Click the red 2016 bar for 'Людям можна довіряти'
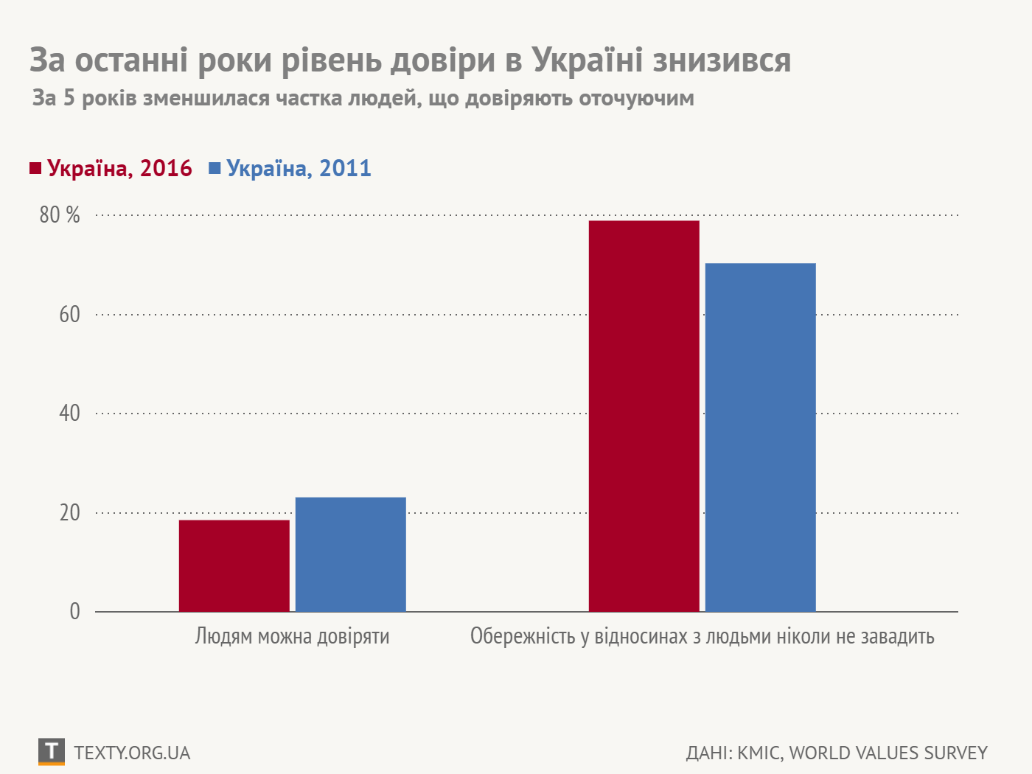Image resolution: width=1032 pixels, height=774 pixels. pos(234,565)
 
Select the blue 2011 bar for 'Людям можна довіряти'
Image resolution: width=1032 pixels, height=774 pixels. pos(350,554)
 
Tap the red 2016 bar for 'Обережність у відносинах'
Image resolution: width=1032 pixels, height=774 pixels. pos(644,416)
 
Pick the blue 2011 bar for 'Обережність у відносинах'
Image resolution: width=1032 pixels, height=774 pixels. pos(760,437)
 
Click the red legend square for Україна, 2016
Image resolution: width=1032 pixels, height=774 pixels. pos(35,169)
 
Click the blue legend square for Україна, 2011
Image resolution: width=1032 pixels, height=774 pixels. pos(215,169)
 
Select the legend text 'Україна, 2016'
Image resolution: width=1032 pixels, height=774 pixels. pos(119,169)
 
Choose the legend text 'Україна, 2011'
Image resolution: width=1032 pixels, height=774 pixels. pos(299,169)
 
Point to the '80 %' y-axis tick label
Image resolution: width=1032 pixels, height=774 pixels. pos(60,215)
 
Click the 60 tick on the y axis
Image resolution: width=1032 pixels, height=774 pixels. pos(69,315)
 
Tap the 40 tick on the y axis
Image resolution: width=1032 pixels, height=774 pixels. pos(69,414)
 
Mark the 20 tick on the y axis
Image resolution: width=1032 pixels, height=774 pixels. pos(69,513)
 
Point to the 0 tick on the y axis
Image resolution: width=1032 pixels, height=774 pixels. pos(74,612)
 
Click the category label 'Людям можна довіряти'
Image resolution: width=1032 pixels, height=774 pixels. pos(292,636)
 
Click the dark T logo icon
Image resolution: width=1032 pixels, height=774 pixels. pos(51,752)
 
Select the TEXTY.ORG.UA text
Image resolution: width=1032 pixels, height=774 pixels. pos(132,753)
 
